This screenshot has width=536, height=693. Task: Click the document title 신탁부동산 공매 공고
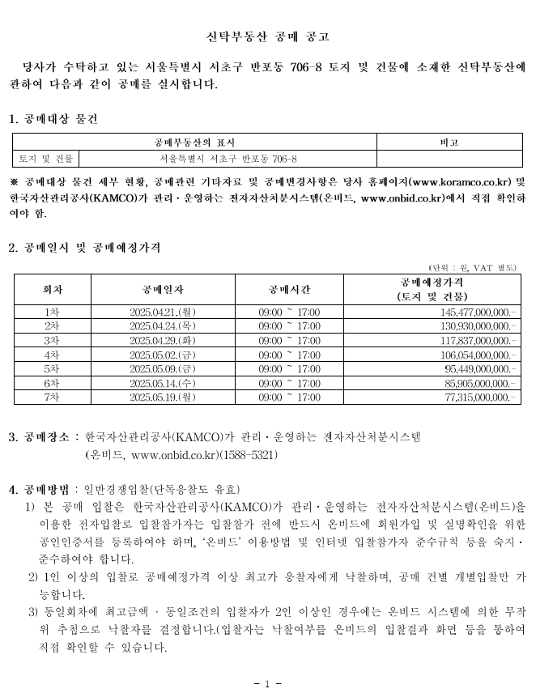tap(267, 36)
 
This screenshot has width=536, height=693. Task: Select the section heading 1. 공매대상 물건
tap(53, 119)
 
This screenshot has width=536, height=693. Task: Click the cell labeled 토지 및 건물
tap(46, 159)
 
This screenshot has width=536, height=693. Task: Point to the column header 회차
tap(53, 289)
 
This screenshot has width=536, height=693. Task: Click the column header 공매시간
tap(289, 289)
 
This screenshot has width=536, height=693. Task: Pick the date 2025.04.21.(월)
tap(162, 312)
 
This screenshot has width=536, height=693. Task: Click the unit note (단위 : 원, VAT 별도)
tap(472, 267)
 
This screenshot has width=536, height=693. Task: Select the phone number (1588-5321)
tap(249, 455)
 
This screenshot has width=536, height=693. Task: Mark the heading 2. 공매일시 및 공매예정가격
tap(84, 248)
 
